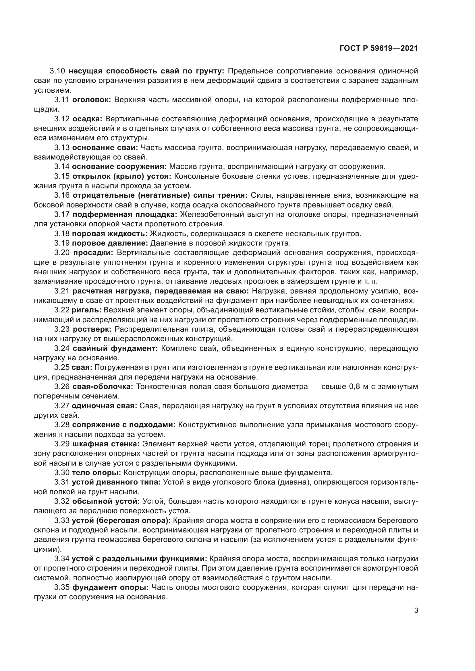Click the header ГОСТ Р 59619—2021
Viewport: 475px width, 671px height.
click(379, 48)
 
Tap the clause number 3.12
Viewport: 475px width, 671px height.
click(62, 119)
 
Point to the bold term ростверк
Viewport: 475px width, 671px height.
click(92, 329)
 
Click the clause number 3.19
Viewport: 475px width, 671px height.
click(62, 243)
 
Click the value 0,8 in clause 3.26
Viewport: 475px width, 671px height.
click(356, 387)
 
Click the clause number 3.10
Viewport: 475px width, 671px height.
click(57, 71)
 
